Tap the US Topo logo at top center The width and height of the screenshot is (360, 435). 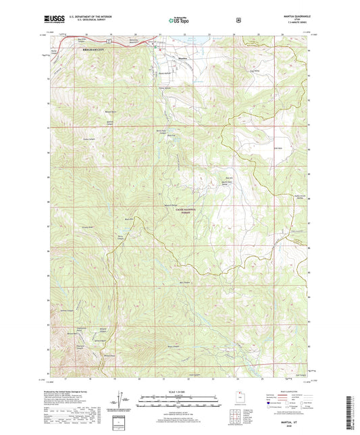coord(179,21)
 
